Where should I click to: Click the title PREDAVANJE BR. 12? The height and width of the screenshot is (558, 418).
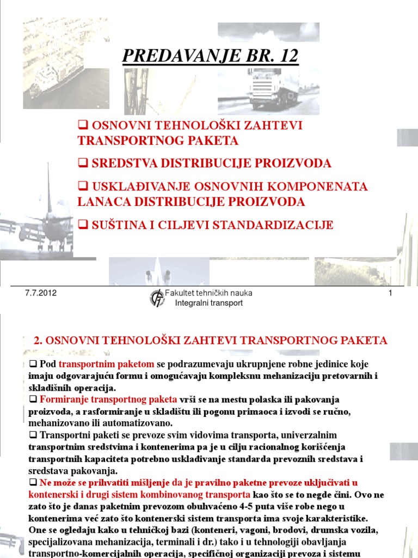click(211, 56)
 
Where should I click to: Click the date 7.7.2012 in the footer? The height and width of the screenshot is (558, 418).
click(41, 293)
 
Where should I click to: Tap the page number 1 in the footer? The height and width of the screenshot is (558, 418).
click(390, 294)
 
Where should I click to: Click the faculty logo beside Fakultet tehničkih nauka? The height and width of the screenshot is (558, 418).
click(157, 298)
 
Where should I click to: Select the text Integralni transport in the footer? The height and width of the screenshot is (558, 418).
click(208, 303)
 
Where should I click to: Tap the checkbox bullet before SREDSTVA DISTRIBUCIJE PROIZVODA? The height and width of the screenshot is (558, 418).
click(83, 163)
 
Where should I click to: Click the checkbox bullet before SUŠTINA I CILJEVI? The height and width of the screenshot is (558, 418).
click(83, 225)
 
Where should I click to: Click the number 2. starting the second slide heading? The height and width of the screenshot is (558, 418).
click(38, 341)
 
